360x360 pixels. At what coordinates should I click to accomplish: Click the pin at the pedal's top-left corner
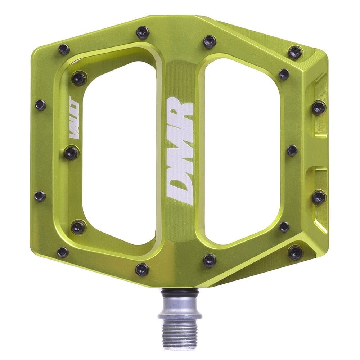64,49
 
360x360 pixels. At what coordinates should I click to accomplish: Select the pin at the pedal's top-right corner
295,53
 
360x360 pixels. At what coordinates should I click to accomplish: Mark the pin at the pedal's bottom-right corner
296,252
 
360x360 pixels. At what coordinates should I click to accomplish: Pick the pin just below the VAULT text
71,153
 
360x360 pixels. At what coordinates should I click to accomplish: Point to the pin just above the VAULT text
79,78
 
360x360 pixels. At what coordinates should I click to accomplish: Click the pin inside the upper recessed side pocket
318,107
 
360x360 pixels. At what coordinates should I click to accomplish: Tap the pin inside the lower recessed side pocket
318,197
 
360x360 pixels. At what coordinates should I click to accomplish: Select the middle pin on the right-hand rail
292,150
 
